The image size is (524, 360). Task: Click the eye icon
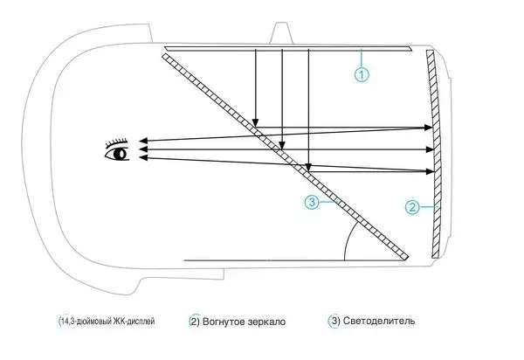(117, 154)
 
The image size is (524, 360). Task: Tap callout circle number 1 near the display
(362, 75)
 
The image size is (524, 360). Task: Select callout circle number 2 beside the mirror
(413, 208)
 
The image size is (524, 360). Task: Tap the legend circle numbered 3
(334, 321)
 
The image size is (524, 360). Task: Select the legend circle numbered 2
(195, 321)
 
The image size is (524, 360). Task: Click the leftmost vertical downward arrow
(254, 87)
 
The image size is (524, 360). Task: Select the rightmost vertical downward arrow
(308, 105)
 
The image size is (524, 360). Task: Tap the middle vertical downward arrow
(281, 96)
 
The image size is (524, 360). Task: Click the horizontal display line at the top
(288, 45)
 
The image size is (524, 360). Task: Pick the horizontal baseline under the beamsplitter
(262, 260)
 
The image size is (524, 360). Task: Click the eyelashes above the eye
(116, 142)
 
